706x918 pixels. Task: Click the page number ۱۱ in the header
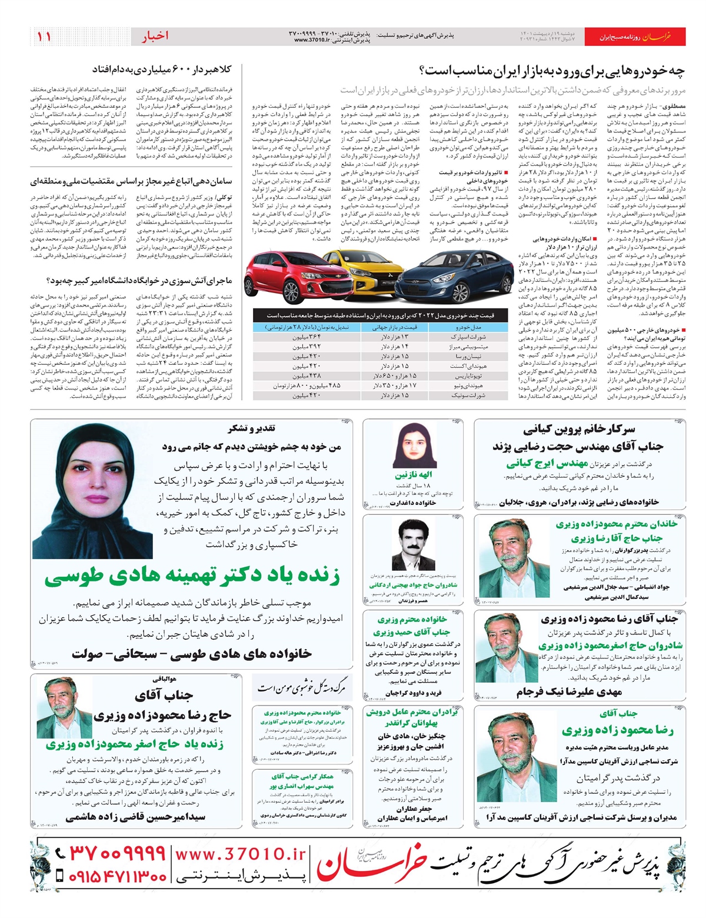click(x=44, y=36)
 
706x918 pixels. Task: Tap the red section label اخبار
click(x=155, y=36)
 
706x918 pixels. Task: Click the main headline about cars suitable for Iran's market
click(x=552, y=71)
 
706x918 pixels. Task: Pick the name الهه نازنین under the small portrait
click(x=414, y=474)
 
